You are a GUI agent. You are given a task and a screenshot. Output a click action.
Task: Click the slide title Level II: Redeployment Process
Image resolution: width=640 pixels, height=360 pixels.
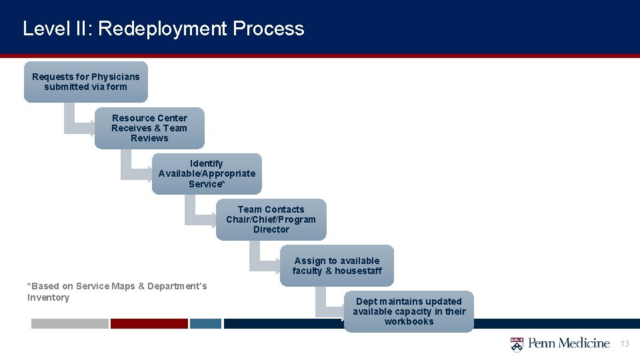(x=163, y=29)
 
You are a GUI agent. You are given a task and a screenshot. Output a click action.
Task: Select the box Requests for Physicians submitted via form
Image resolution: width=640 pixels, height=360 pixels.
(x=86, y=82)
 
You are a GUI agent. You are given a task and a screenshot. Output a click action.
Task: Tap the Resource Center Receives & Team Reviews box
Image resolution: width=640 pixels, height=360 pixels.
(x=149, y=128)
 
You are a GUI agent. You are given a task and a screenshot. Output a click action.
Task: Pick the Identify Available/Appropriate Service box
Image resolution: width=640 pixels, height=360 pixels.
(x=207, y=173)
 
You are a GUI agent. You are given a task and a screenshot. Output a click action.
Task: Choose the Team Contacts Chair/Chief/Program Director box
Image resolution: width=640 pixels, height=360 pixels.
(x=271, y=219)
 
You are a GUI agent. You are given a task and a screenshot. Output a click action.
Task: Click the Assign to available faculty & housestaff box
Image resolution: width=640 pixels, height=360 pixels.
(x=337, y=265)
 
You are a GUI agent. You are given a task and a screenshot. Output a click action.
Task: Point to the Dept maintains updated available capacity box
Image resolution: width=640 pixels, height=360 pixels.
(x=409, y=311)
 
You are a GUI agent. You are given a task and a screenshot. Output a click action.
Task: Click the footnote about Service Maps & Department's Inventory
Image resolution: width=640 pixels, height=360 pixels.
(x=117, y=292)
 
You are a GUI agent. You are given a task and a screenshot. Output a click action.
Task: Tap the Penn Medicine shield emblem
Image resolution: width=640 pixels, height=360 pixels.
(x=517, y=344)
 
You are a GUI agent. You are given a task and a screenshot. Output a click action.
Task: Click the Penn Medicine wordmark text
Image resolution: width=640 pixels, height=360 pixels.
(x=569, y=344)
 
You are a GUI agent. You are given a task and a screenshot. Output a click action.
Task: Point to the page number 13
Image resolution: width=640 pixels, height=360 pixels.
(x=625, y=344)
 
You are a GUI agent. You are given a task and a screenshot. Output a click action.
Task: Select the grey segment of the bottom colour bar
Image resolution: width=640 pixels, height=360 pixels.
(x=69, y=323)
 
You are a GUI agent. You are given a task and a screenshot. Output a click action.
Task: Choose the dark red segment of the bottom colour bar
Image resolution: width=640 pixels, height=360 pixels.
(x=149, y=323)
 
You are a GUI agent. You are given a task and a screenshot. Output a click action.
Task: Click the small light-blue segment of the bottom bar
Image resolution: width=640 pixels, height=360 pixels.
(x=205, y=323)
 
